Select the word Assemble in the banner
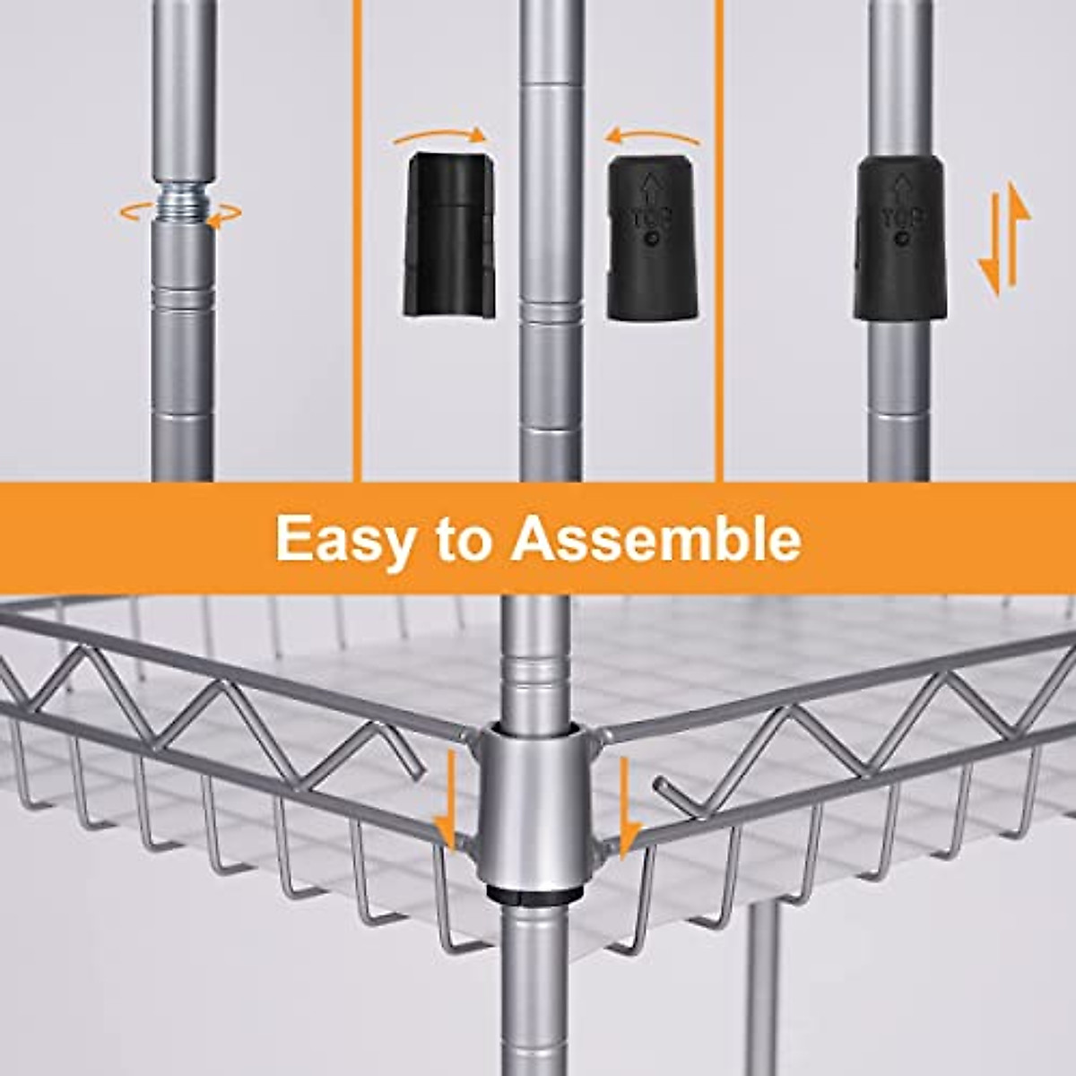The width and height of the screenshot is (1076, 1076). point(655,538)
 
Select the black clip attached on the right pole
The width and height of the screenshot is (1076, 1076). point(899,238)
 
